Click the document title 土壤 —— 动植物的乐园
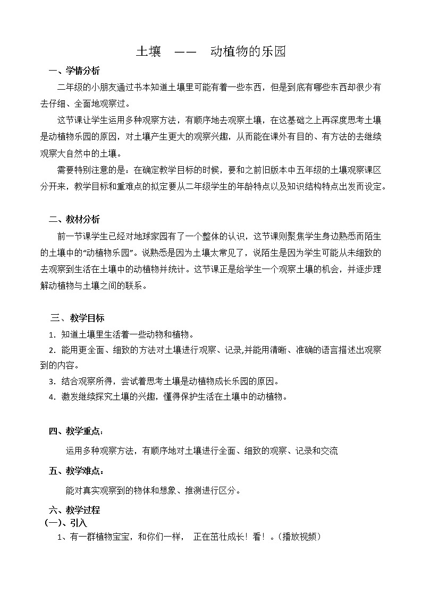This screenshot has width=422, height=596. click(x=211, y=51)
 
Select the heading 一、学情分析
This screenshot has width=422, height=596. click(x=74, y=71)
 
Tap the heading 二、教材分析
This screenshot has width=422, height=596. click(x=74, y=219)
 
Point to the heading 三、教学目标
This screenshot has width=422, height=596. click(x=78, y=318)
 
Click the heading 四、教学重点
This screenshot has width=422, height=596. click(x=76, y=431)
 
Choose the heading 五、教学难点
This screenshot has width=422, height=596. click(x=76, y=471)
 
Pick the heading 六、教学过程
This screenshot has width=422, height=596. click(x=74, y=511)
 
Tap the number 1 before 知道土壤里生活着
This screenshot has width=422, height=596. click(x=51, y=335)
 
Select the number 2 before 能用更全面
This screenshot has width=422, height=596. click(x=51, y=350)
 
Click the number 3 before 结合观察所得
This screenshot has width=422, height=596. click(x=51, y=382)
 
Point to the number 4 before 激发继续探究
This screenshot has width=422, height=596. click(x=51, y=397)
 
